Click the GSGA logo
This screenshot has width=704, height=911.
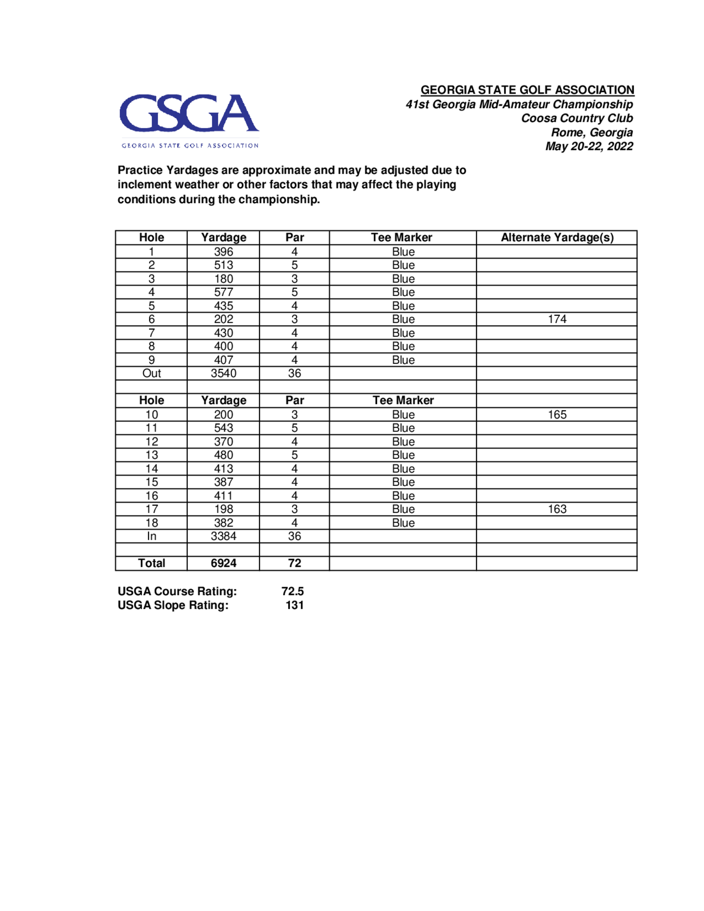pos(189,120)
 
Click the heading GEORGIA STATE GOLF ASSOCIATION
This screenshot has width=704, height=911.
pos(527,90)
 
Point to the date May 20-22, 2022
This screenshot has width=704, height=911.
pos(589,146)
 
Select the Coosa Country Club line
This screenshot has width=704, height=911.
pos(577,119)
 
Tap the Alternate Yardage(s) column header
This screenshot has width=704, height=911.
pos(557,238)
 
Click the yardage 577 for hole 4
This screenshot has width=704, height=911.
pos(224,293)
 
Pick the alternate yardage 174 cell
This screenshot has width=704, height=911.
pos(557,320)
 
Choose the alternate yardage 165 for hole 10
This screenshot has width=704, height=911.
pos(557,415)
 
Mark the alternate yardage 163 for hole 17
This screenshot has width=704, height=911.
pos(557,509)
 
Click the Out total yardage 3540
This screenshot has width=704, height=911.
pos(224,374)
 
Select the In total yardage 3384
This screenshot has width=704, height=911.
pos(224,536)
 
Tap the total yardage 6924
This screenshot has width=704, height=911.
pos(224,564)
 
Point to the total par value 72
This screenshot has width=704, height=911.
pos(294,564)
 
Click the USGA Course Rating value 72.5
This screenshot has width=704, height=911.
pos(293,591)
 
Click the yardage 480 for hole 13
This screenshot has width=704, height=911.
pos(224,455)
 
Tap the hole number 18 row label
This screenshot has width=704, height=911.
pos(151,523)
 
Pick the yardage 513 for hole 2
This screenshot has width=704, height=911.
pos(224,265)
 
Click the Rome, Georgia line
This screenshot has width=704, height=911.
pos(592,133)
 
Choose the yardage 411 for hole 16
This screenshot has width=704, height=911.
pos(224,496)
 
